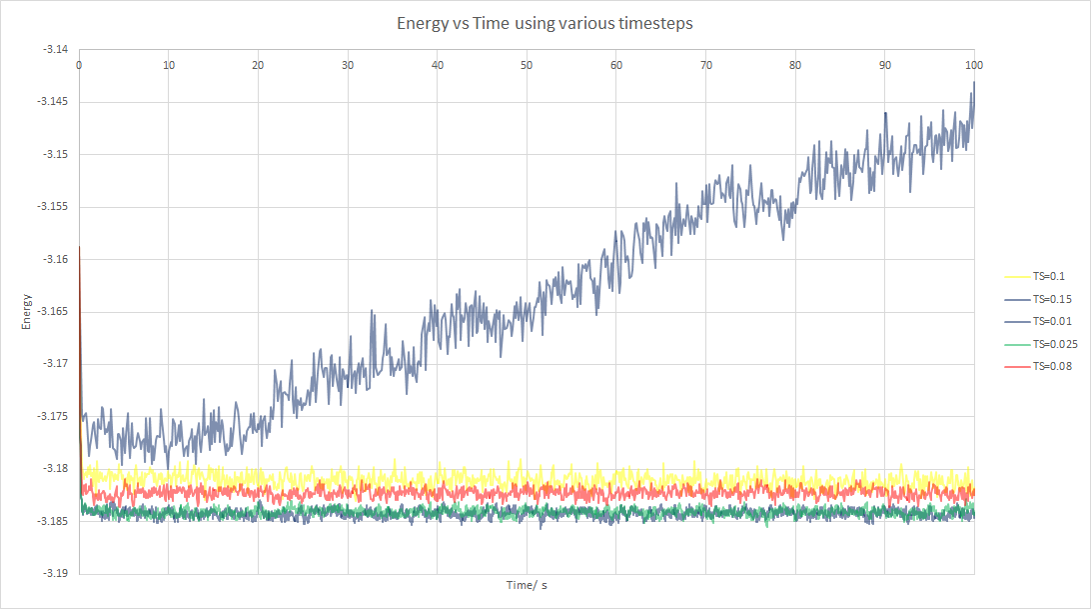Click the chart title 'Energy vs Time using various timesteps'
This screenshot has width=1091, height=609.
(x=545, y=23)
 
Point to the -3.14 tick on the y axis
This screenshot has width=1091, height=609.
(x=56, y=50)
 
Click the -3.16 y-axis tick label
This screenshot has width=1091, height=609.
(x=56, y=260)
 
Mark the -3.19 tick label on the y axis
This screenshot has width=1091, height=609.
(x=56, y=574)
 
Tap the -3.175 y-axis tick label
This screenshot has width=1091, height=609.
(x=54, y=417)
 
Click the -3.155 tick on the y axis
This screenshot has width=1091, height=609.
(x=54, y=207)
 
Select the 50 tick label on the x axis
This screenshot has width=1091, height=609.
(x=527, y=65)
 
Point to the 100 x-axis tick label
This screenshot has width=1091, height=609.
(x=974, y=65)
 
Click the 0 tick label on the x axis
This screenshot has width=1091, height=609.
(x=79, y=65)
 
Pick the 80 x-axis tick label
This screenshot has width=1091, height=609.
(x=795, y=65)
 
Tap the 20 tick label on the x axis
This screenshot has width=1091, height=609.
(x=258, y=65)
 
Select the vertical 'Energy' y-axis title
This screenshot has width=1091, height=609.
(x=27, y=312)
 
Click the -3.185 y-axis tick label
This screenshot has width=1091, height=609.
(x=54, y=522)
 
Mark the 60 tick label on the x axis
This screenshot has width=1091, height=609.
(x=616, y=65)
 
